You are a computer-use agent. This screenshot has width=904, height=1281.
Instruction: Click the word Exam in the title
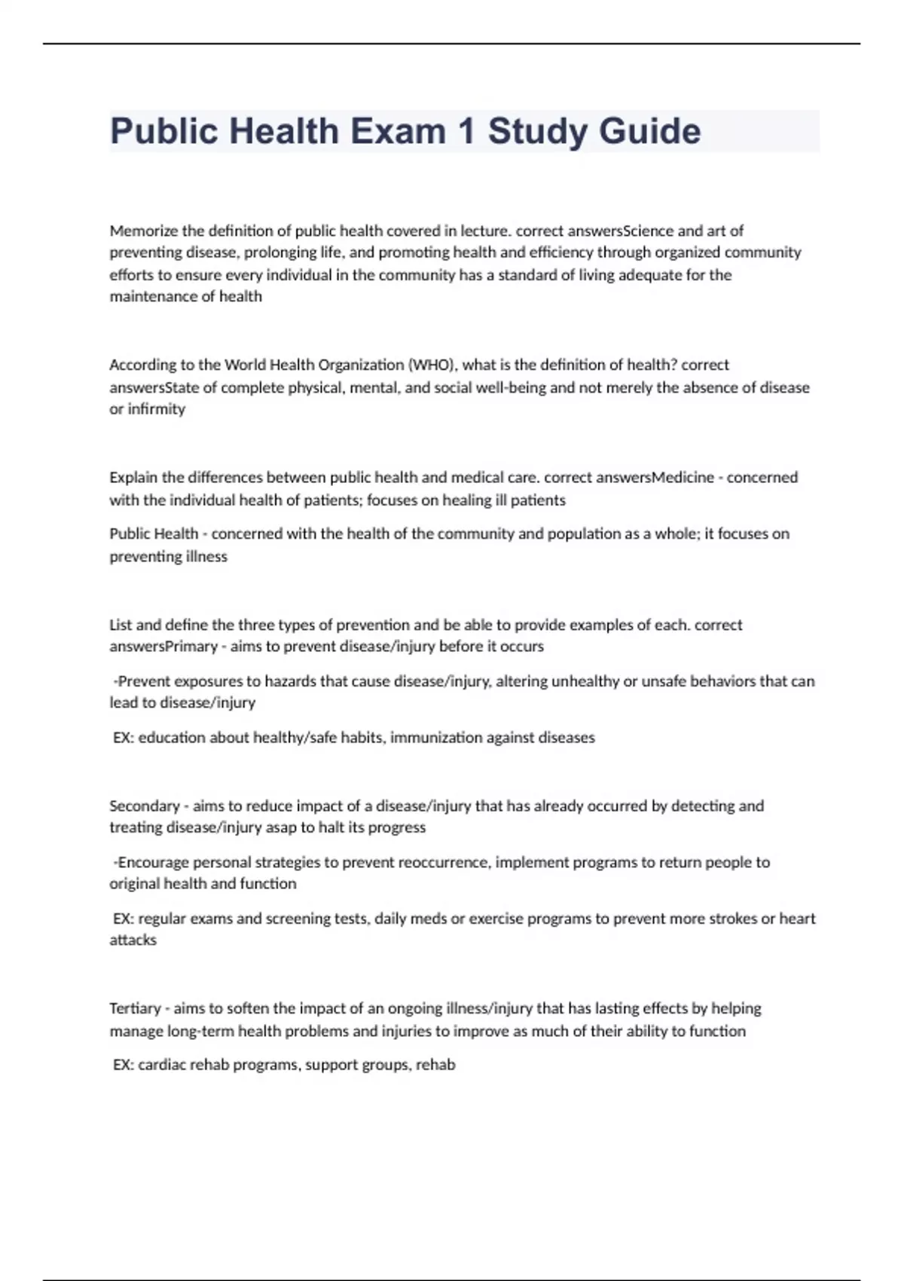(397, 131)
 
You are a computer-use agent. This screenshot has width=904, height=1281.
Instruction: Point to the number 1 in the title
(466, 131)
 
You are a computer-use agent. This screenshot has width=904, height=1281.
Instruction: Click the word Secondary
(145, 806)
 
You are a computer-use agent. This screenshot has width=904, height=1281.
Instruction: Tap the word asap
(281, 827)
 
